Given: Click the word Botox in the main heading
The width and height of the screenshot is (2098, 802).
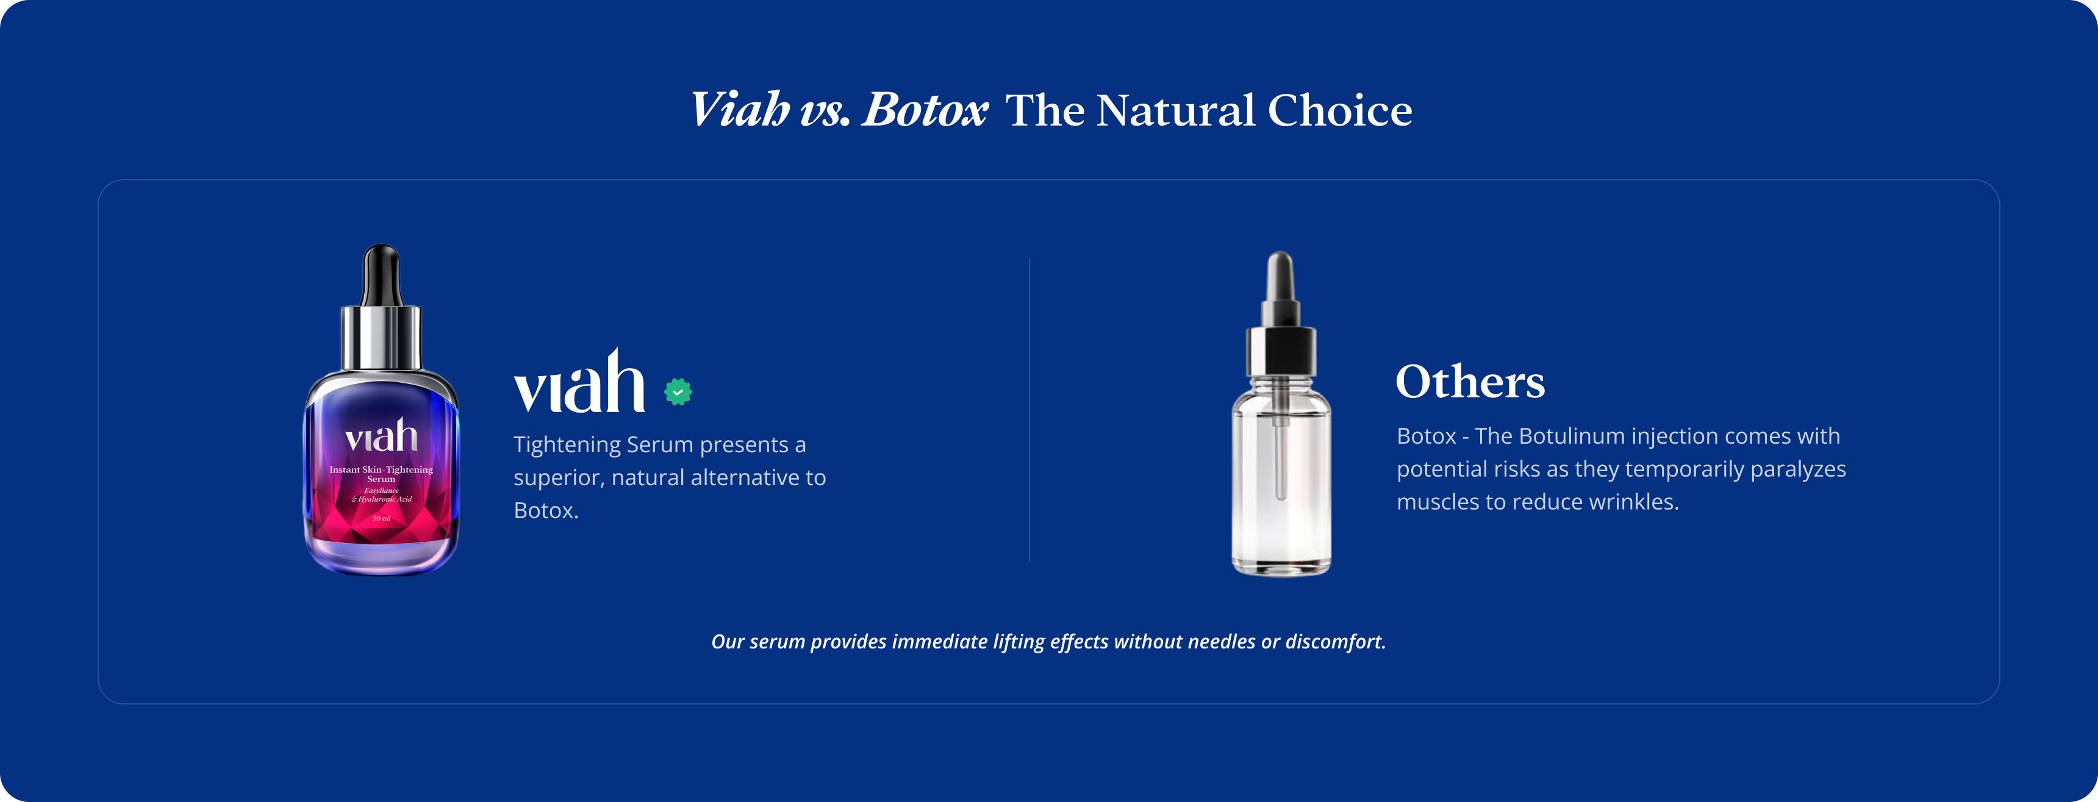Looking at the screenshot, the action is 925,109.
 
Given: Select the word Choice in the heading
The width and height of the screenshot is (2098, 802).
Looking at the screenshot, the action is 1340,110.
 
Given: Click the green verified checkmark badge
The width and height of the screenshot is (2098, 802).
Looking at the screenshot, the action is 678,392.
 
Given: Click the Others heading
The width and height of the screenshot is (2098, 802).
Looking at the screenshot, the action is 1470,381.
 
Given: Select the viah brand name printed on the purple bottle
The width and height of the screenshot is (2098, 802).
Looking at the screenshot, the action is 381,436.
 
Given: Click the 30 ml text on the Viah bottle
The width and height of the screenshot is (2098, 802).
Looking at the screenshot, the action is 381,519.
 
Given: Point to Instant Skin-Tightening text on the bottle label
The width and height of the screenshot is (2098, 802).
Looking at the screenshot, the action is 381,469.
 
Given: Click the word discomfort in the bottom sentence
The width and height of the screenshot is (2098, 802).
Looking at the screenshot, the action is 1335,642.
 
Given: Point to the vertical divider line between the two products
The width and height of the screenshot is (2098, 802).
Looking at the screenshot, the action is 1029,410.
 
